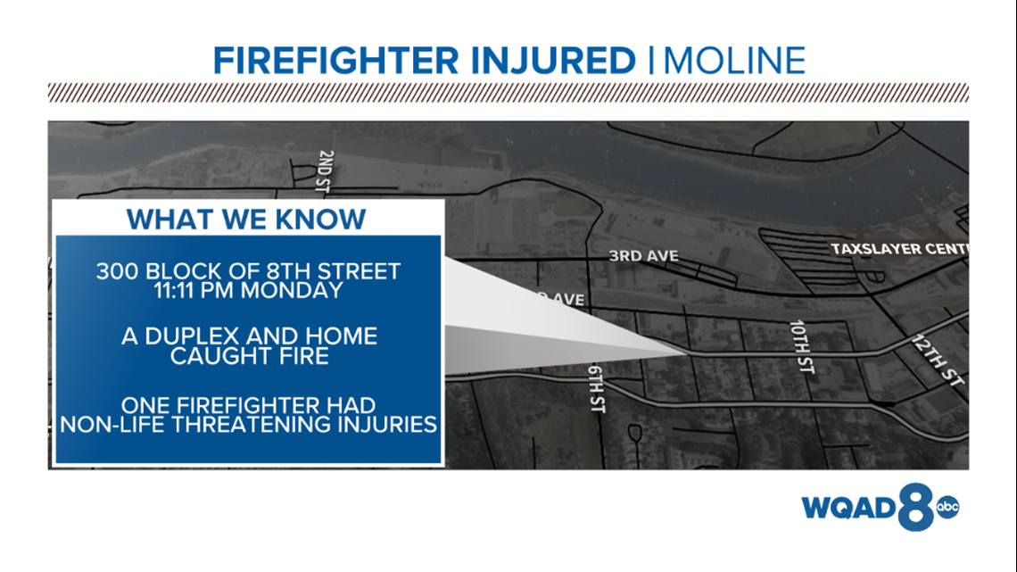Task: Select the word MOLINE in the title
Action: click(x=734, y=61)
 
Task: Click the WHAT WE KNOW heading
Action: click(x=246, y=220)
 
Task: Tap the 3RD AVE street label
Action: click(x=643, y=256)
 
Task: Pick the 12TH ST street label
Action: click(x=938, y=359)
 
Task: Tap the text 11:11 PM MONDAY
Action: click(x=249, y=290)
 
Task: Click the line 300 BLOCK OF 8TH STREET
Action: click(x=249, y=271)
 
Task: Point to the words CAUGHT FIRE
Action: click(x=249, y=356)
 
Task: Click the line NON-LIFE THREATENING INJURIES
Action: click(x=249, y=424)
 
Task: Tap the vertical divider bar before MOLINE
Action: click(x=651, y=61)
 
